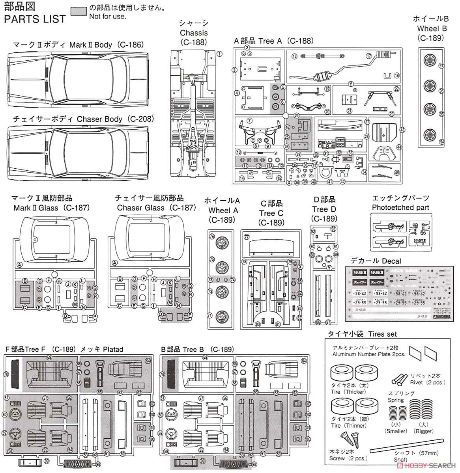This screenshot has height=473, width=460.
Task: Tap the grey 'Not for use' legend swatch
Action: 79,11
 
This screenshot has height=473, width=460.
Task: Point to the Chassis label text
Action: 193,33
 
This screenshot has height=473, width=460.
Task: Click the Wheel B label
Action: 430,28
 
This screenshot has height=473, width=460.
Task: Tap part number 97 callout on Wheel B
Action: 441,65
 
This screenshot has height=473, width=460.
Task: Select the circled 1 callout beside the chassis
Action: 219,54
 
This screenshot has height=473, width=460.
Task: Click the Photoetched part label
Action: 400,207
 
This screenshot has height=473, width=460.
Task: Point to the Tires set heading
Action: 362,333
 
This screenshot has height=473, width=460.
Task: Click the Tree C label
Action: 271,213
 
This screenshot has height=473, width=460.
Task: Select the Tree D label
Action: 324,209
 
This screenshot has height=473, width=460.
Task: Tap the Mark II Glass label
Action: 52,208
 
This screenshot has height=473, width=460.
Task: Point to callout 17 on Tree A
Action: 369,56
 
